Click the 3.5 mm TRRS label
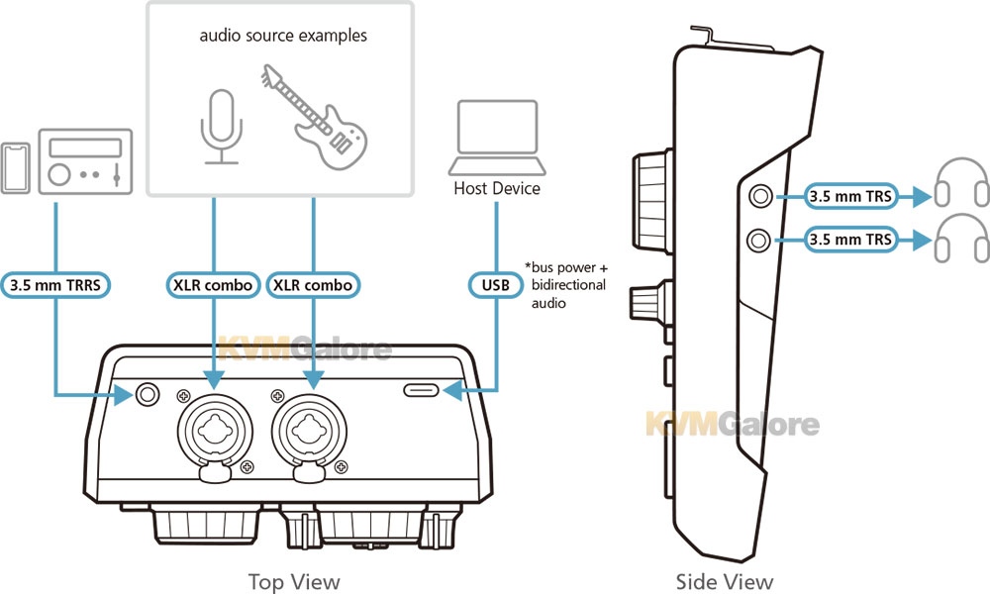(x=55, y=285)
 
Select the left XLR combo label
(x=213, y=285)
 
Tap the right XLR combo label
(x=313, y=285)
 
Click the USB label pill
(x=496, y=285)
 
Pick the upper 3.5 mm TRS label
(x=850, y=196)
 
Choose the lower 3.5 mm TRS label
(x=850, y=240)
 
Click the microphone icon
(x=222, y=127)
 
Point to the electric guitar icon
(x=314, y=117)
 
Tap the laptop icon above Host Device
(x=497, y=138)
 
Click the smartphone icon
(x=15, y=168)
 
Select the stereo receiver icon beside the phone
(x=85, y=161)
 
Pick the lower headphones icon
(x=961, y=238)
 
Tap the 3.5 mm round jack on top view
(x=148, y=395)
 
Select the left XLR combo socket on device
(x=215, y=433)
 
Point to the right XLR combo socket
(x=309, y=433)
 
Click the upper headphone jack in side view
(x=760, y=196)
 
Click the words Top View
(x=294, y=581)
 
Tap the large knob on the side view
(x=652, y=202)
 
